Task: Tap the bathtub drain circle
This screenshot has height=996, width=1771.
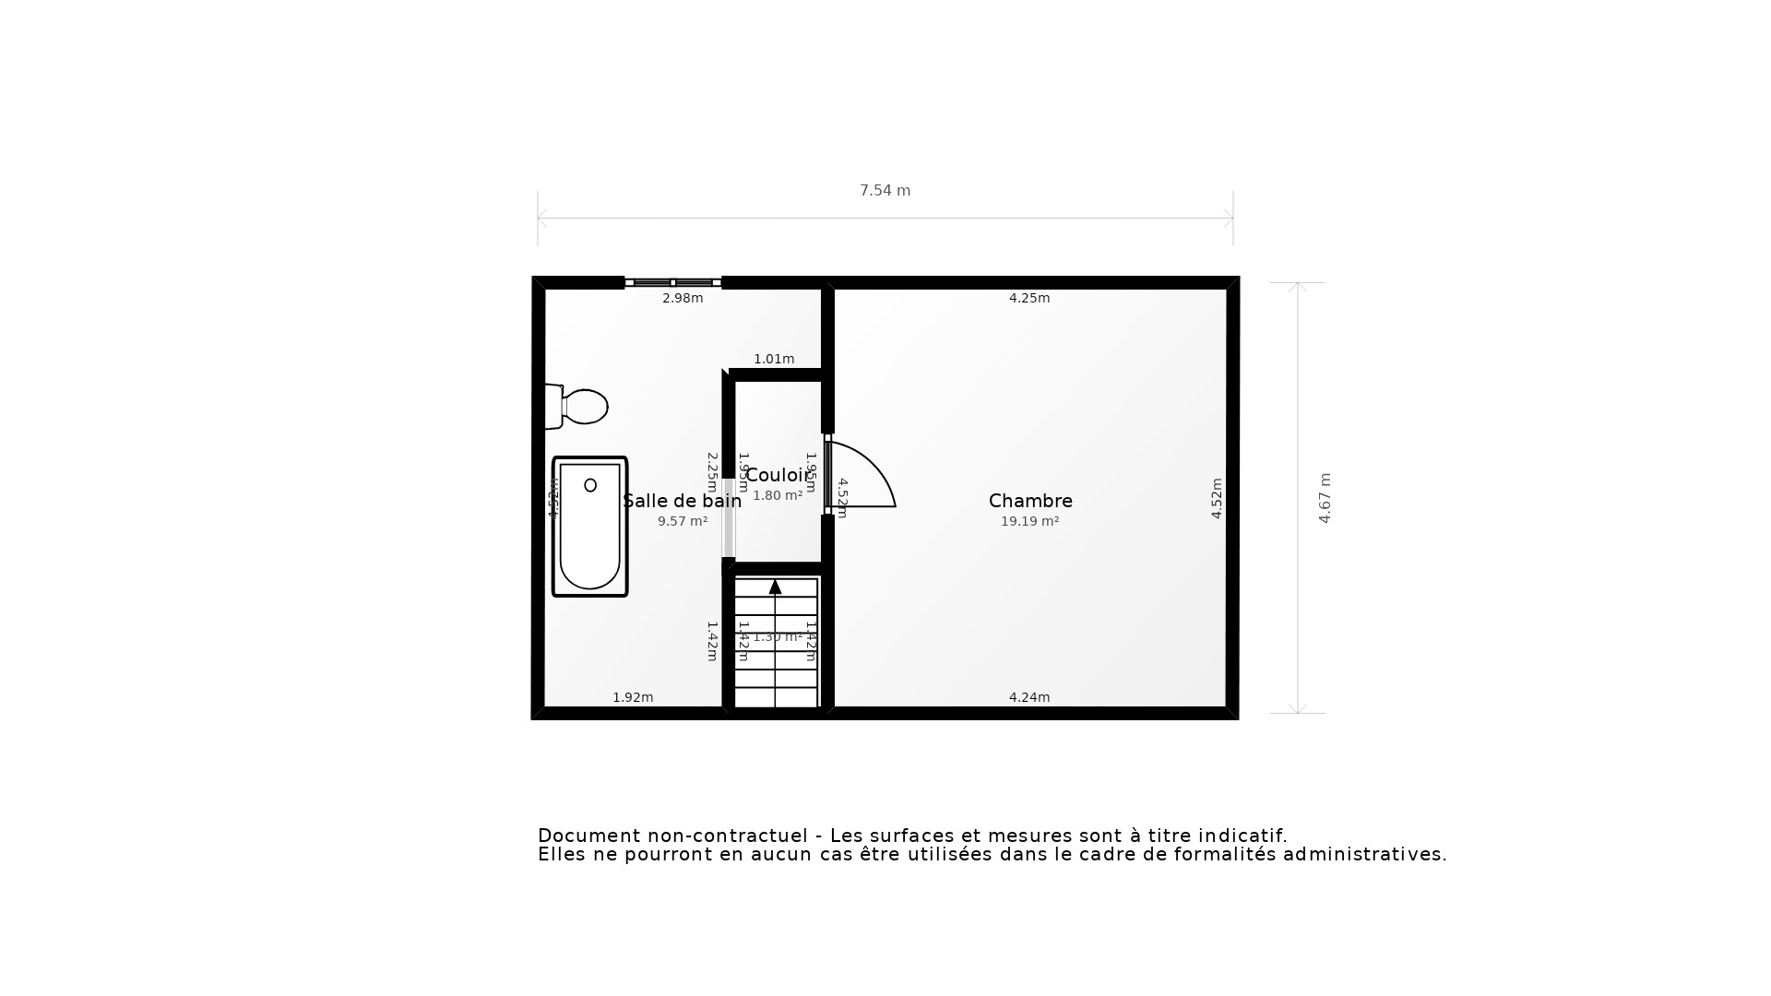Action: click(590, 485)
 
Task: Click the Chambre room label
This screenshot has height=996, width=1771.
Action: click(1030, 501)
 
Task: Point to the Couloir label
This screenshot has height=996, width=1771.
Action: click(777, 475)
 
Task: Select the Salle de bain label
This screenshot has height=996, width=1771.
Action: click(682, 501)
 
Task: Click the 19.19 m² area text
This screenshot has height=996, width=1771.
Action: click(1029, 521)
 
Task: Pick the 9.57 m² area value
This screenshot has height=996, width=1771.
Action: click(683, 521)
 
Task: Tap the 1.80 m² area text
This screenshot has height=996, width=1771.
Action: click(778, 495)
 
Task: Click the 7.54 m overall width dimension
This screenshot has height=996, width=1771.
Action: click(885, 191)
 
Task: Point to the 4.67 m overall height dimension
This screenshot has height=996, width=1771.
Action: click(1325, 498)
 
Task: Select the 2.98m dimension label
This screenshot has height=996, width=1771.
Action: click(683, 298)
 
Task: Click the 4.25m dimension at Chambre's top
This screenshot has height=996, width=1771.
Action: click(1029, 298)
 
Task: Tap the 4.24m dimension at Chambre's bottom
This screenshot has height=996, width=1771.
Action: click(1029, 697)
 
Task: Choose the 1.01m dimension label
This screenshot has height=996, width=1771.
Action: click(774, 359)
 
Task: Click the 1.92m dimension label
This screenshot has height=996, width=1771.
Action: click(633, 697)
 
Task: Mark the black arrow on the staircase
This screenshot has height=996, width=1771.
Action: click(775, 587)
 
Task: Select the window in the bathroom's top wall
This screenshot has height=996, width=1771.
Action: click(672, 282)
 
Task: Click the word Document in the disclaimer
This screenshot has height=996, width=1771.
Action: click(588, 836)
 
